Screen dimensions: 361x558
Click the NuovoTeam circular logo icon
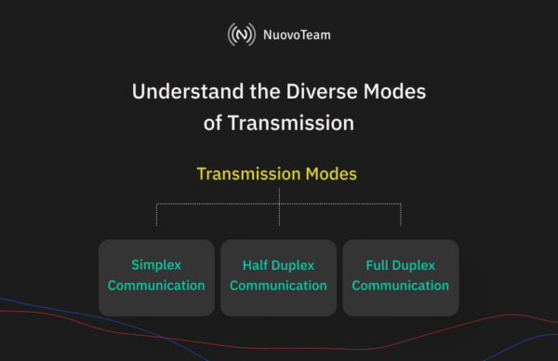pyautogui.click(x=242, y=35)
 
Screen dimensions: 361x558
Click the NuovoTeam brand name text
pyautogui.click(x=290, y=35)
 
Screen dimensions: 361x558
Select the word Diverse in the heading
pyautogui.click(x=325, y=93)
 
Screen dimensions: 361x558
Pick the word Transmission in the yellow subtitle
pyautogui.click(x=249, y=174)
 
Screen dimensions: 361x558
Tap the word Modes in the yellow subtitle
pyautogui.click(x=333, y=174)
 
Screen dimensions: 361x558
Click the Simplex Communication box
pyautogui.click(x=155, y=277)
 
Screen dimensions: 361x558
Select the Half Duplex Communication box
pyautogui.click(x=278, y=277)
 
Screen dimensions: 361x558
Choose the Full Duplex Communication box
pyautogui.click(x=400, y=277)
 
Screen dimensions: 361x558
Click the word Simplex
pyautogui.click(x=156, y=265)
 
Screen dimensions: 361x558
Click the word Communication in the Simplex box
pyautogui.click(x=156, y=286)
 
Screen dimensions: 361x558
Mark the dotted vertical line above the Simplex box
pyautogui.click(x=156, y=214)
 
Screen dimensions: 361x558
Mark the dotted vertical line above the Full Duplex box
pyautogui.click(x=401, y=214)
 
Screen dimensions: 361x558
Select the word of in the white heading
pyautogui.click(x=213, y=122)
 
